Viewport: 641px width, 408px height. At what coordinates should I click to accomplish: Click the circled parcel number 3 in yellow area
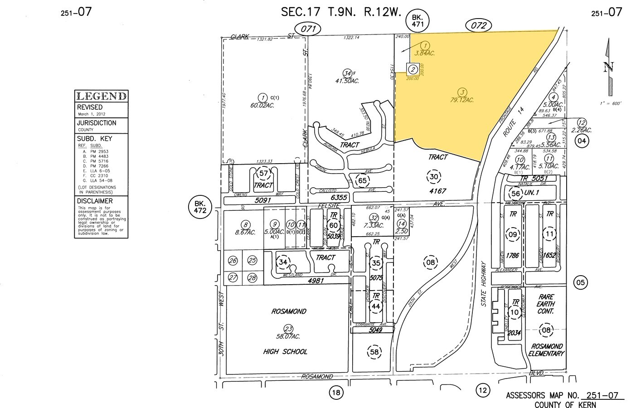462,92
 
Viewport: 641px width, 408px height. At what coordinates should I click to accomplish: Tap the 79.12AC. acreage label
462,100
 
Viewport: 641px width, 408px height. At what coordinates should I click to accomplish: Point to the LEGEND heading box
101,96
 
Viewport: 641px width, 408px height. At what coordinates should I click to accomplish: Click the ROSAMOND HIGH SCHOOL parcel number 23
288,329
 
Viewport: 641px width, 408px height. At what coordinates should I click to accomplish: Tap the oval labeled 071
308,29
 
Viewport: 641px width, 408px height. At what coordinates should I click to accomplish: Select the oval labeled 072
479,26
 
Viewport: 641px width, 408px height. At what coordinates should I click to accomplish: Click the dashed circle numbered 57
263,173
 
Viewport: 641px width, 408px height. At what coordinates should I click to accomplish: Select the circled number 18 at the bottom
335,393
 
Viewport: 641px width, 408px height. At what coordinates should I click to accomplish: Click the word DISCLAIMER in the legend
95,201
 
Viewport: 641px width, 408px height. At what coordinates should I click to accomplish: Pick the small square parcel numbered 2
413,69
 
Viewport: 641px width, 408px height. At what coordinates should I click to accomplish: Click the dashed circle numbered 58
374,352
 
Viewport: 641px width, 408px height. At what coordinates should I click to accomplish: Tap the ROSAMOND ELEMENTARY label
546,350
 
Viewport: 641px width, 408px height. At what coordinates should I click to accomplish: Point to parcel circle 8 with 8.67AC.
245,224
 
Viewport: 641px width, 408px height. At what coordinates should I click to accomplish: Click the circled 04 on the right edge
582,141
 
